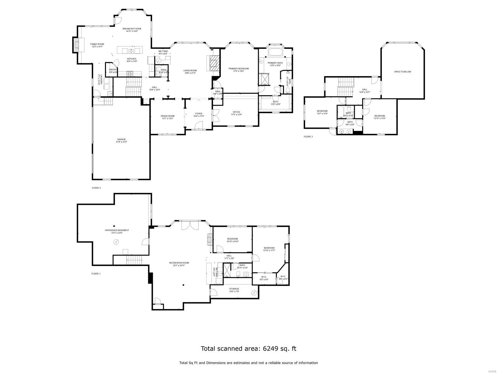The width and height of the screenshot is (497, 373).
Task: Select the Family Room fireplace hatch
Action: (x=75, y=45)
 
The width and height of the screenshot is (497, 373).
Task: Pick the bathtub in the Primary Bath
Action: (x=275, y=52)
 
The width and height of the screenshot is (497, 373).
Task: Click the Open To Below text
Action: (x=402, y=72)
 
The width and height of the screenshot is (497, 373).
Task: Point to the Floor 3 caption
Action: (x=308, y=136)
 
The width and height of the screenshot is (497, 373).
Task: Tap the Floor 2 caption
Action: (x=96, y=188)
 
